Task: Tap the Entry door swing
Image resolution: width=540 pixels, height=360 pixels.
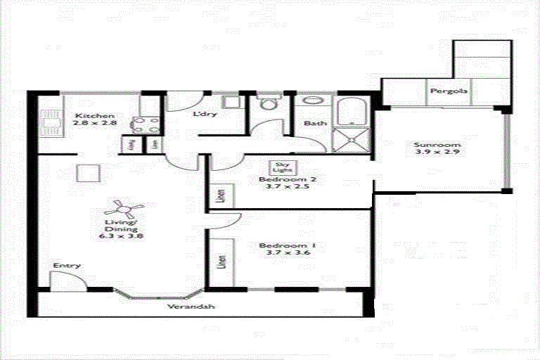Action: coord(69,281)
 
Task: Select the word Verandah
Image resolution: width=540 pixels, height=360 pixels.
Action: coord(191,307)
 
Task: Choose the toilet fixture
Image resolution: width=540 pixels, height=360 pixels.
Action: coord(268,105)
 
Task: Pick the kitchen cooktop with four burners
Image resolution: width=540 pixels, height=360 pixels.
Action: coord(143,124)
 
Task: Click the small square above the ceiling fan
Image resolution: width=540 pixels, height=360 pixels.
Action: coord(86,173)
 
